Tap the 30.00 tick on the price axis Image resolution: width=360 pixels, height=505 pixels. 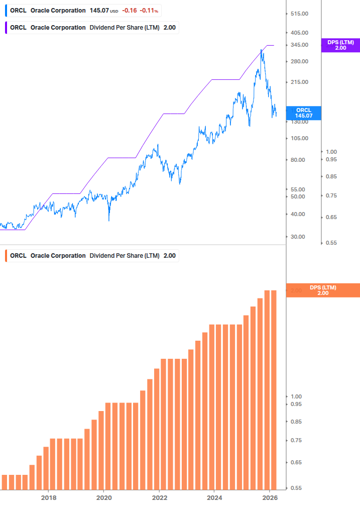300,237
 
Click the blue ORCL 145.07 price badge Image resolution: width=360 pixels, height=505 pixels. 304,113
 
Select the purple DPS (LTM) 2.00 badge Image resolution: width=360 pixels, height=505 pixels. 340,45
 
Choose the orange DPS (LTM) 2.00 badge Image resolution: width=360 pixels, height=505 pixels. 322,290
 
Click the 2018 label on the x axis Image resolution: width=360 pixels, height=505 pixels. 48,497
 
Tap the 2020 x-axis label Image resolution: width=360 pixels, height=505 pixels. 103,497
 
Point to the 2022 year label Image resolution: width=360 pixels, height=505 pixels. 159,497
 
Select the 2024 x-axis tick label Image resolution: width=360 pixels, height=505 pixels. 214,497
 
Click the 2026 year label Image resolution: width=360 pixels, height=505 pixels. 270,497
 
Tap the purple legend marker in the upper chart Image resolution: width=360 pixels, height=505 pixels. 7,28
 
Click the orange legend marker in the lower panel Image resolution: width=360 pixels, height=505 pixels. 7,256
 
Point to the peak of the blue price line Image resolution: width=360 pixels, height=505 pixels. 262,49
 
